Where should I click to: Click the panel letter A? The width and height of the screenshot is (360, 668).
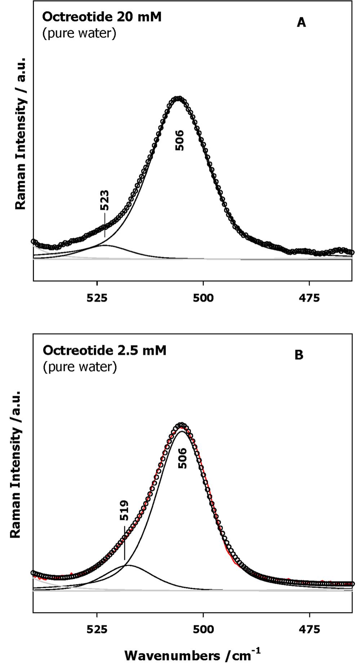[x=301, y=23]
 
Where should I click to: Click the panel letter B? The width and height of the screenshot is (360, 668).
[x=299, y=355]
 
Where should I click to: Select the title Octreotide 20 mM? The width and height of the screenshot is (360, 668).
[x=102, y=17]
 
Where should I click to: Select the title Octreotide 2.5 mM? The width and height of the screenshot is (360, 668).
[x=105, y=350]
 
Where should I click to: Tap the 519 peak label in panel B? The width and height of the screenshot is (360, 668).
[x=124, y=510]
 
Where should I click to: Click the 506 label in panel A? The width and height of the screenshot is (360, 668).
[x=179, y=140]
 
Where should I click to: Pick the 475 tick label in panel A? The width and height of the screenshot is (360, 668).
[x=309, y=298]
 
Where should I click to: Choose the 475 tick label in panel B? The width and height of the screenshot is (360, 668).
[x=309, y=629]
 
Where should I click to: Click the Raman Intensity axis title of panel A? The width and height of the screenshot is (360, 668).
[x=21, y=133]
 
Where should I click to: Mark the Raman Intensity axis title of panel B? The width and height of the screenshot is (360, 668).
[x=15, y=465]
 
